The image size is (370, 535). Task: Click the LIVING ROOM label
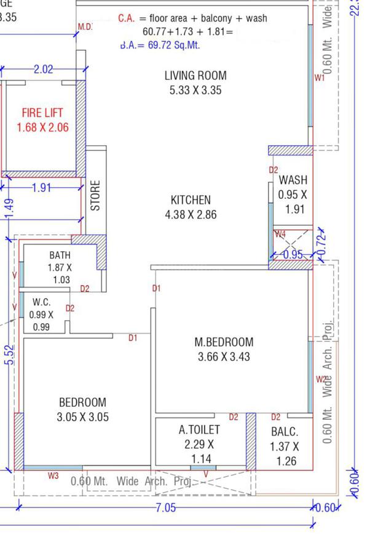click(195, 76)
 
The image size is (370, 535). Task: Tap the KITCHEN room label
click(191, 200)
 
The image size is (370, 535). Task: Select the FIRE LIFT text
click(42, 113)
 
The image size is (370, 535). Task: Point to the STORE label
click(95, 195)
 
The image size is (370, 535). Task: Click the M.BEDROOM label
click(224, 342)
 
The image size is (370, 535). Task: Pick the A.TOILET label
click(199, 430)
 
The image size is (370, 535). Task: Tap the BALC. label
click(284, 432)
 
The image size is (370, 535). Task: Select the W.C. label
click(41, 302)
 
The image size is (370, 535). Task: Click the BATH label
click(60, 255)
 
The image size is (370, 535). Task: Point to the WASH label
click(293, 180)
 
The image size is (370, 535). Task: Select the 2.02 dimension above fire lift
click(43, 70)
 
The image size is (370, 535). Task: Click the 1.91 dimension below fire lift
click(41, 188)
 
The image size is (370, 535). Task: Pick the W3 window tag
click(53, 475)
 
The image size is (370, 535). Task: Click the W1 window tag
click(319, 78)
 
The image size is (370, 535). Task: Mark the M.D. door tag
click(85, 26)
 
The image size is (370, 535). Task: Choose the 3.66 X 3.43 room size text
click(224, 356)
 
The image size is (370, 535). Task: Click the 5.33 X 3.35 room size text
click(195, 91)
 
